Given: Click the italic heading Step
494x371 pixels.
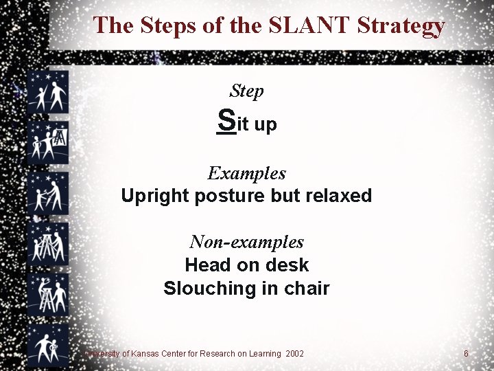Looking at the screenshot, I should click(x=246, y=91).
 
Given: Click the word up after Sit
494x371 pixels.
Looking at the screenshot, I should click(x=266, y=124).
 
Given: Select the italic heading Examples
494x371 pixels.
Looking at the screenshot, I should click(x=246, y=173).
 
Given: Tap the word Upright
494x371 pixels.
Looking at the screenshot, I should click(x=155, y=196).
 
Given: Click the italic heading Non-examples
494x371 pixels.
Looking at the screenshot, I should click(x=246, y=242).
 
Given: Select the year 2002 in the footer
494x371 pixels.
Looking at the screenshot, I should click(x=295, y=354).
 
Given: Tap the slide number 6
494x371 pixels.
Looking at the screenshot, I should click(x=466, y=354).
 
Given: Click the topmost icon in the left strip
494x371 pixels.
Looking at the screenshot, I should click(x=48, y=93).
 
